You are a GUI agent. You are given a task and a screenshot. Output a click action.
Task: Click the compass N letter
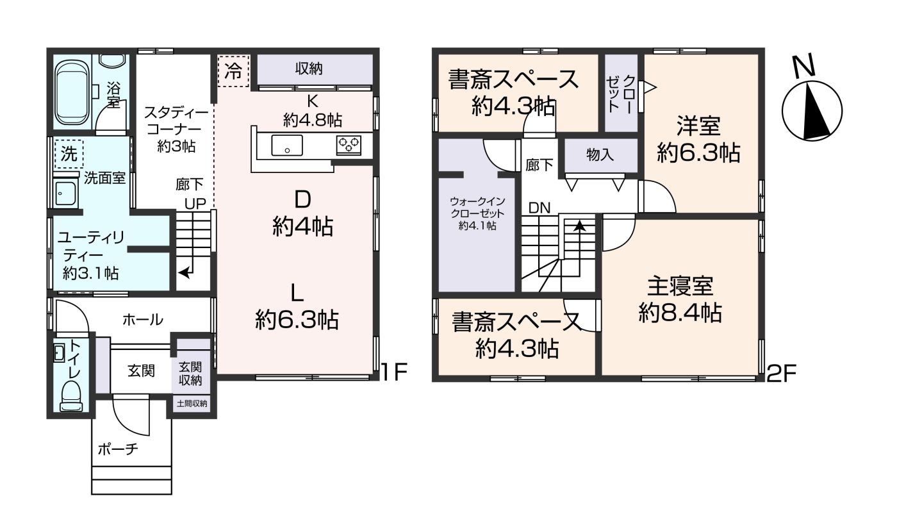click(x=803, y=67)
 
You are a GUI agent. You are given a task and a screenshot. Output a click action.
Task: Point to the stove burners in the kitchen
click(x=349, y=145)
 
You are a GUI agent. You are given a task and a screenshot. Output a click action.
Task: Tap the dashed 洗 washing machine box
click(x=68, y=153)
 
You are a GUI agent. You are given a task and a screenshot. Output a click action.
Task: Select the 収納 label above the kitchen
click(x=309, y=68)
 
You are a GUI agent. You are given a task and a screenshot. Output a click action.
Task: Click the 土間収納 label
click(x=192, y=403)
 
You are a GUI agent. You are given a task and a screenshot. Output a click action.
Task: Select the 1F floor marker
click(x=393, y=372)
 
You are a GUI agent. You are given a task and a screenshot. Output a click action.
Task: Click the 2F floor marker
click(x=780, y=373)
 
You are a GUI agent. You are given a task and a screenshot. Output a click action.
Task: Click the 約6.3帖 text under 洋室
click(x=698, y=153)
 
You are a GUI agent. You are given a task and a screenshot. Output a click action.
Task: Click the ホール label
click(x=143, y=319)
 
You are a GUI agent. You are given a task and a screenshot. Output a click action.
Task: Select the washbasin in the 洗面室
click(x=65, y=193)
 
